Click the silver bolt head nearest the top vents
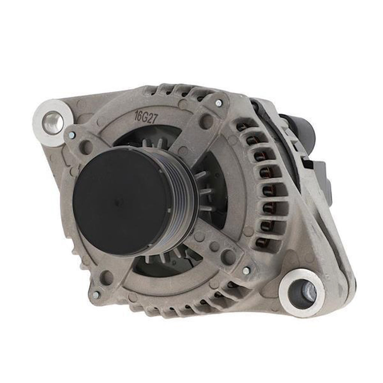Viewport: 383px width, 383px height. point(219,102)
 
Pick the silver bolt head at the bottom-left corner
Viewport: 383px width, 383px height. point(96,295)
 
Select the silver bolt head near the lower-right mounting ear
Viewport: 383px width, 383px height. point(246,270)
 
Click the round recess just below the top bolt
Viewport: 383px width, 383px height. point(206,121)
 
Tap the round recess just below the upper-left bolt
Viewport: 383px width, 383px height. point(86,147)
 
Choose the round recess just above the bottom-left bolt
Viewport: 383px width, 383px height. point(107,277)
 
